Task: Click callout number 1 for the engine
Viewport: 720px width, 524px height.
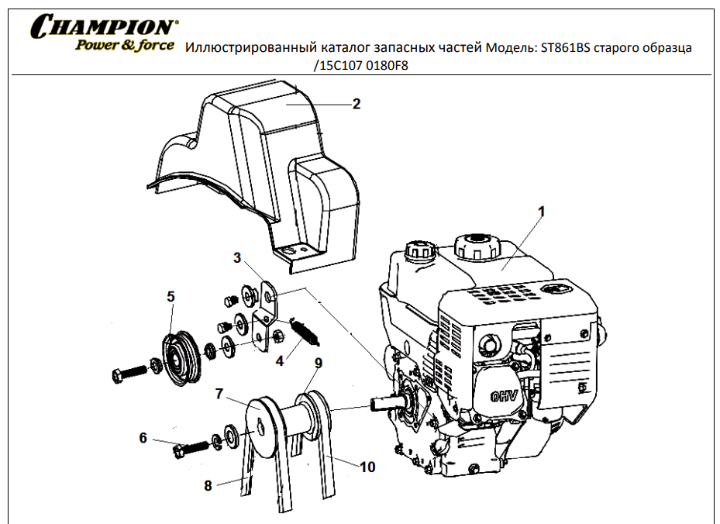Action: coord(542,211)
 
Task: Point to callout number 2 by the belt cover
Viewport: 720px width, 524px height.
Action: coord(356,104)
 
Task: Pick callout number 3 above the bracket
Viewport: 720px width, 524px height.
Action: coord(237,257)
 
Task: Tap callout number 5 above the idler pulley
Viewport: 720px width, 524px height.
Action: coord(171,296)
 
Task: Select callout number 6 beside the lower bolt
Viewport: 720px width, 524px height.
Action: coord(143,438)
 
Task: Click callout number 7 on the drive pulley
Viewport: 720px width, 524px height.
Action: coord(219,395)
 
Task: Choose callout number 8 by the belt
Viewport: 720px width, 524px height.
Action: coord(208,486)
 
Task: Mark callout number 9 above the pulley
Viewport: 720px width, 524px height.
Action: coord(318,363)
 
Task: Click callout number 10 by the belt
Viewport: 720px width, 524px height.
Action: coord(367,467)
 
